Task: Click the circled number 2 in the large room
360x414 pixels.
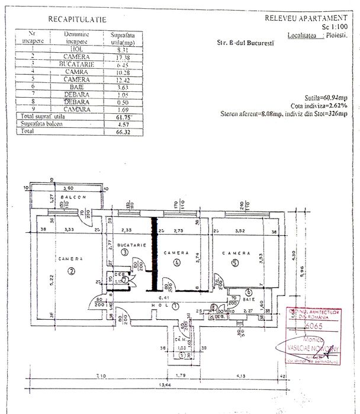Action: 71,271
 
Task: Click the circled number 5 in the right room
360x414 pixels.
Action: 234,262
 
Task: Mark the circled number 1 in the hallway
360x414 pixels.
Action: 175,306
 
